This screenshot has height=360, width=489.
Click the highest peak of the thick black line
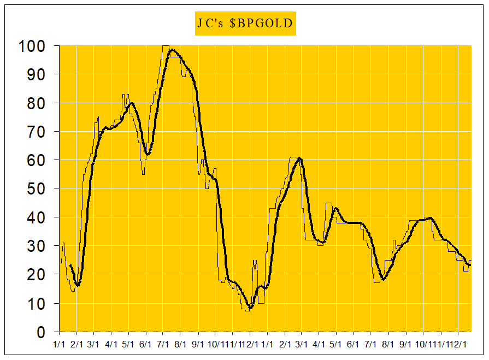pos(173,50)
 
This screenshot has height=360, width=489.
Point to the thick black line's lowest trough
pos(250,308)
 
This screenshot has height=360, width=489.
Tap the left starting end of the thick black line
pos(70,265)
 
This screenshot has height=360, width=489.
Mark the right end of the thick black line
pos(470,265)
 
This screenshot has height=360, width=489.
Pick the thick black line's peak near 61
pos(299,158)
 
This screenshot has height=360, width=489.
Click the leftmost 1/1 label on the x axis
pos(60,344)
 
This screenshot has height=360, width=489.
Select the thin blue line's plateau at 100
pos(166,46)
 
